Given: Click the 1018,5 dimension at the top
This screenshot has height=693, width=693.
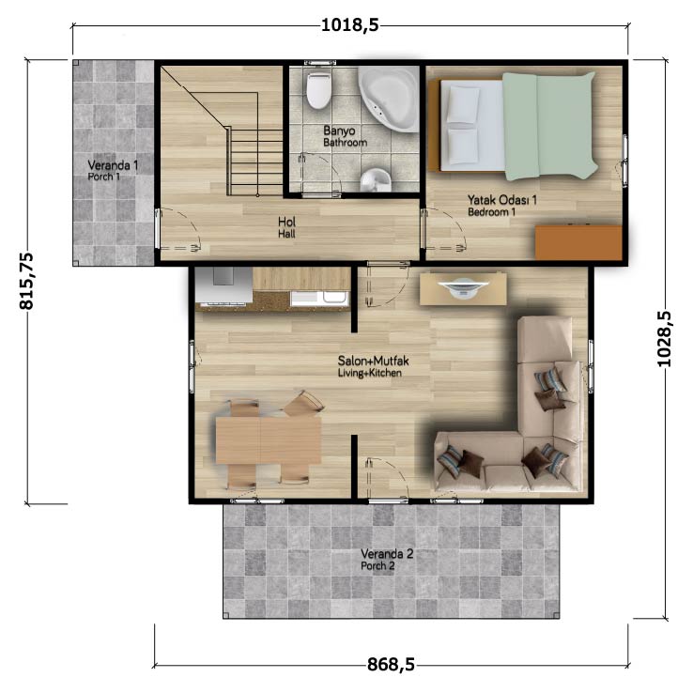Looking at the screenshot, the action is click(349, 24).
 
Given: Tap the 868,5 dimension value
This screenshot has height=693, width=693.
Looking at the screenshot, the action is click(391, 664).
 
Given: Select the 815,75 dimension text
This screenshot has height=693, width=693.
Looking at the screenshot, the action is click(26, 281).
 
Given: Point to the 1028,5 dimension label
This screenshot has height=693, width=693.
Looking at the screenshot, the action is click(664, 339).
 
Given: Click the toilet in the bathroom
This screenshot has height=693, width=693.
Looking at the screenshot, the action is click(318, 90).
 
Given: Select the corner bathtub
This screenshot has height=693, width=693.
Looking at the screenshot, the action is click(389, 99).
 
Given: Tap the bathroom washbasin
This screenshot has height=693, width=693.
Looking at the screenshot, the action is click(377, 180).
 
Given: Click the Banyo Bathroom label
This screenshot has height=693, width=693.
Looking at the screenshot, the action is click(345, 136).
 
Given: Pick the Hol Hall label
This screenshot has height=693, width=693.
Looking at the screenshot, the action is click(286, 227).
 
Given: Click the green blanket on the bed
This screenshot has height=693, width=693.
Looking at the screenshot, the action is click(550, 126).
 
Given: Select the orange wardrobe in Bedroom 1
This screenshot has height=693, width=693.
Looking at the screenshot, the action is click(578, 242).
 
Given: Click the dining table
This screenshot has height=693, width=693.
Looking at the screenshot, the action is click(269, 440).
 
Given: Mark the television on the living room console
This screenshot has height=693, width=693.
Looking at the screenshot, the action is click(463, 286).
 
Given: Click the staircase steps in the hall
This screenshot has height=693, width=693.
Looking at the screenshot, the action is click(256, 162).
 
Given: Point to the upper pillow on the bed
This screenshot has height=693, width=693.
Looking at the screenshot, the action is click(463, 104).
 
